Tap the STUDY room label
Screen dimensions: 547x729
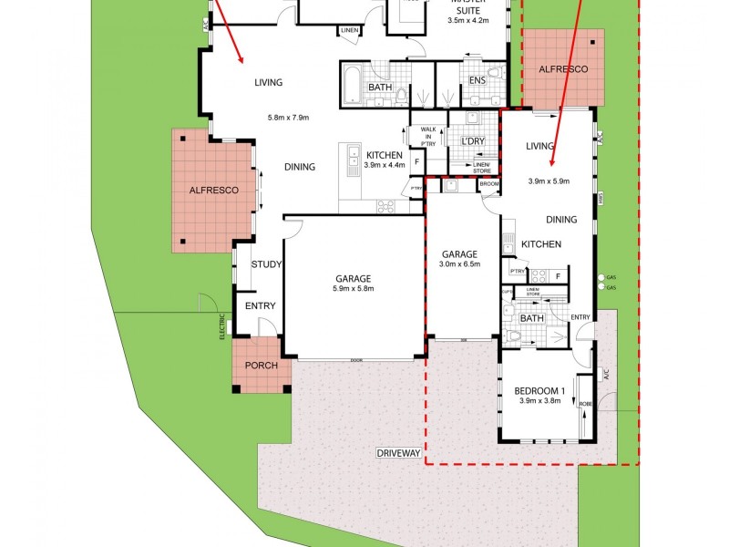(x=266, y=265)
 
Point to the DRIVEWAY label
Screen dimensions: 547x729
(x=399, y=453)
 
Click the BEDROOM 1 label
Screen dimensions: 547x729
(x=541, y=390)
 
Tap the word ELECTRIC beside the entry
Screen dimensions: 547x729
(x=221, y=325)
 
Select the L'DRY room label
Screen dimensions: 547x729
(x=472, y=141)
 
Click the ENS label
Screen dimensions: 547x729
(x=477, y=81)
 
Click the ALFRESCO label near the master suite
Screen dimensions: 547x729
(x=563, y=69)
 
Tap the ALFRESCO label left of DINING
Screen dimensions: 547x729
(x=213, y=191)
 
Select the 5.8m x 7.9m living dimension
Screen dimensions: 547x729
(x=288, y=118)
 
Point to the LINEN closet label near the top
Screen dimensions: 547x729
(x=349, y=31)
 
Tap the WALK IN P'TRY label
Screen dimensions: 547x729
(x=427, y=136)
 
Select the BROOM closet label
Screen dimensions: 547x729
(x=489, y=183)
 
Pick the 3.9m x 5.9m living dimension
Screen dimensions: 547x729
(x=549, y=181)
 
